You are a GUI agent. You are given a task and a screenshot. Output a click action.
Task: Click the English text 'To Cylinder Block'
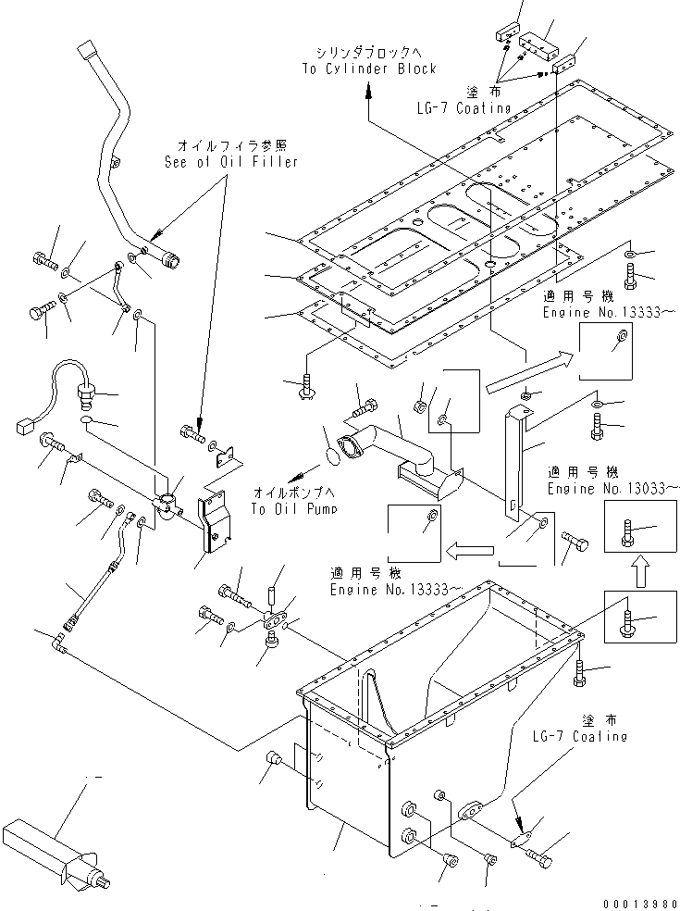(368, 69)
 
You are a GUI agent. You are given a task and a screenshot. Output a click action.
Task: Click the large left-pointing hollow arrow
(470, 550)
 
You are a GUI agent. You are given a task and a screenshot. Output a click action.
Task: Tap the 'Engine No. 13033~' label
(612, 489)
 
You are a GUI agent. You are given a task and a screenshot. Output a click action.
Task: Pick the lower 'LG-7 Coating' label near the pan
(580, 736)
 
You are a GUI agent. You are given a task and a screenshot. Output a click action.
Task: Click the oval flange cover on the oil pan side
(472, 808)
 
